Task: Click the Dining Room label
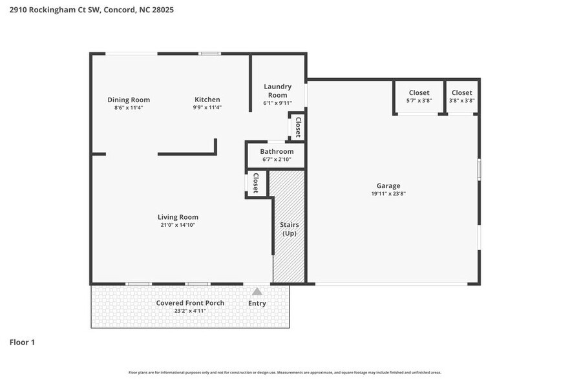[129, 100]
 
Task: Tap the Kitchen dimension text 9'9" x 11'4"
[207, 108]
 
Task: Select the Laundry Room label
[277, 90]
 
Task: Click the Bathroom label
[277, 152]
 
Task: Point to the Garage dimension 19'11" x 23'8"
[388, 193]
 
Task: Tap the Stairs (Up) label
[288, 229]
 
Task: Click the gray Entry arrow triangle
[257, 291]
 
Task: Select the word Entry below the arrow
[257, 303]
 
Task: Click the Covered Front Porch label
[190, 303]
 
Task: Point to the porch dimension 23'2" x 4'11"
[190, 311]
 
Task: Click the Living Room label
[178, 217]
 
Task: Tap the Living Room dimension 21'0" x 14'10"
[178, 225]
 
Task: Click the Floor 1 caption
[22, 342]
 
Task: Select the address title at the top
[87, 10]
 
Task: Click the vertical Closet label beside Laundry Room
[298, 127]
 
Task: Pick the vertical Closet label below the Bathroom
[255, 184]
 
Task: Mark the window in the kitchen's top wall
[209, 54]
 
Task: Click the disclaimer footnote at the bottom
[285, 372]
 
